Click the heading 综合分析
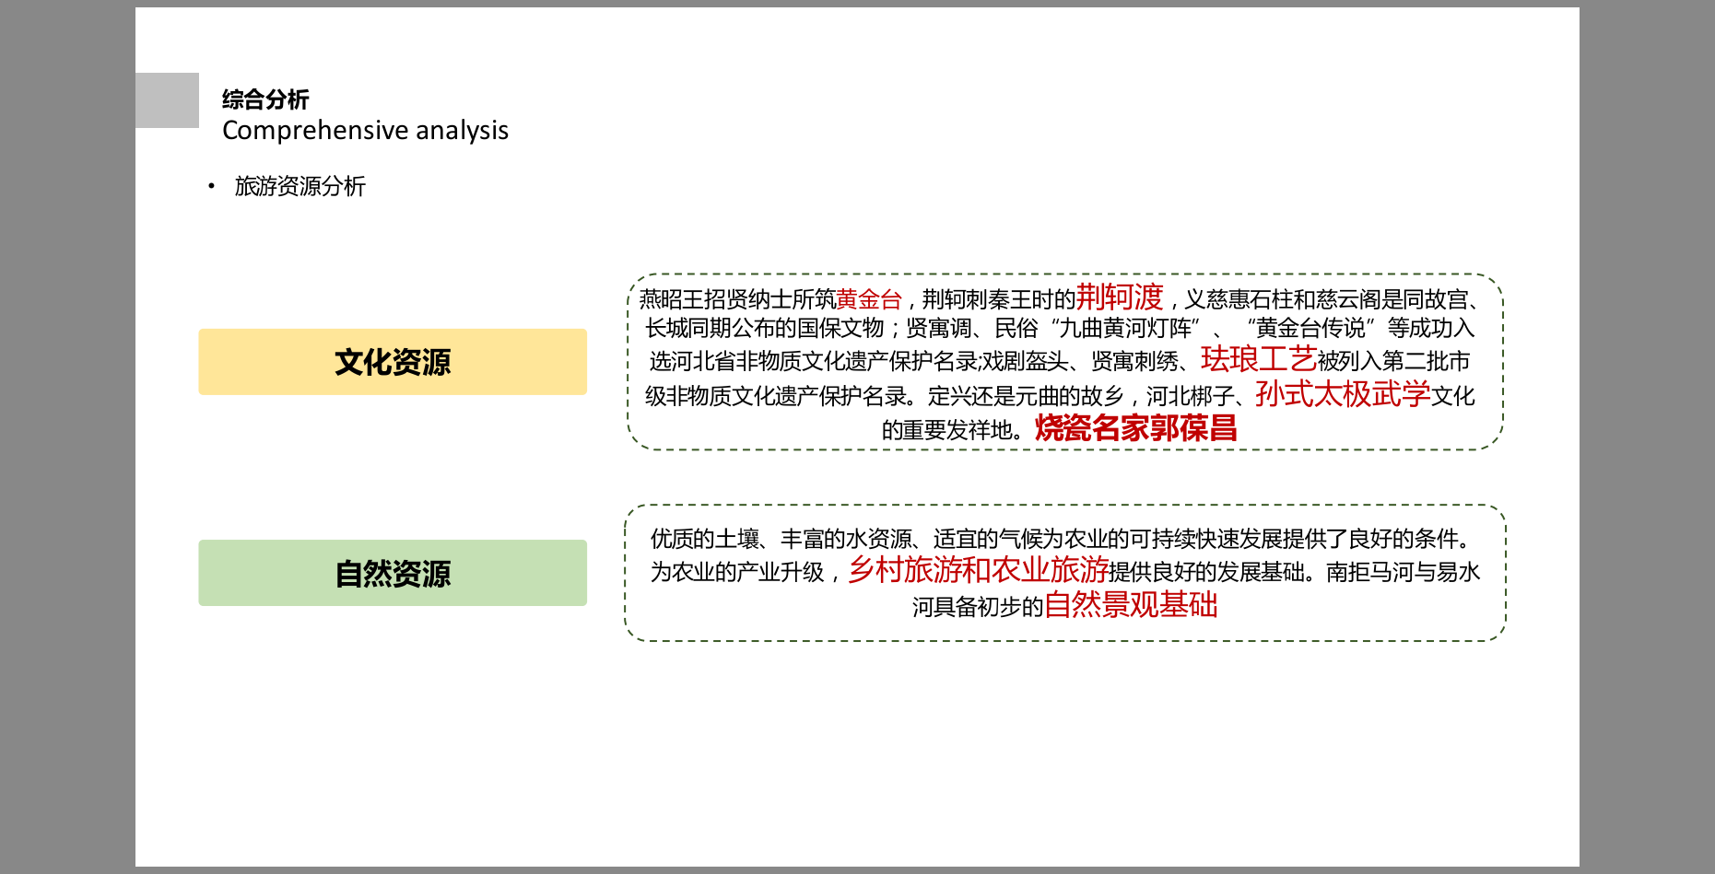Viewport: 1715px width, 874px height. coord(265,99)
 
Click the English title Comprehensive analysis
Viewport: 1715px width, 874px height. coord(365,131)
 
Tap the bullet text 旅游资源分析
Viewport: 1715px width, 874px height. coord(300,186)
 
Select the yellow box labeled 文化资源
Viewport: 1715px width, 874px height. coord(393,362)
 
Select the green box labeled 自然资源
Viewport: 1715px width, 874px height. coord(393,573)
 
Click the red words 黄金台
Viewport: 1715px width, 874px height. coord(868,299)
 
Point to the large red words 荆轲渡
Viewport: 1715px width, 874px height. coord(1120,297)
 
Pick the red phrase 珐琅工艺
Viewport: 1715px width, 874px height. coord(1259,358)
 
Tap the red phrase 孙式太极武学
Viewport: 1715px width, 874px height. coord(1343,394)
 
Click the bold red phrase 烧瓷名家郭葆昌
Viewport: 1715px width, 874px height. coord(1135,428)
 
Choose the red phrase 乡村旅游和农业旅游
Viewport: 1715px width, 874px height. coord(978,570)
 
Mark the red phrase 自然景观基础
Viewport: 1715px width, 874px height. coord(1131,605)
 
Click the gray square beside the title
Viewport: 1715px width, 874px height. coord(167,100)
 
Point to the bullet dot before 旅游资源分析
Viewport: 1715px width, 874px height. coord(211,186)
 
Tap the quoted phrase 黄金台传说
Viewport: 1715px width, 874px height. coord(1310,328)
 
